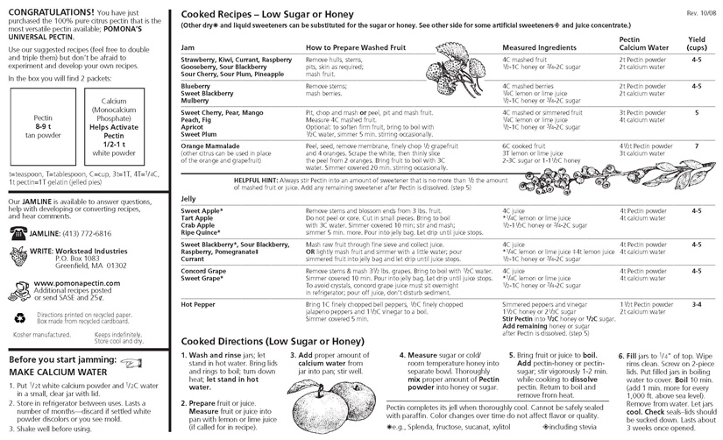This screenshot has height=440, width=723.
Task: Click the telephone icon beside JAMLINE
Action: click(18, 231)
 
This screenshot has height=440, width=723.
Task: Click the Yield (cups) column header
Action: click(697, 45)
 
